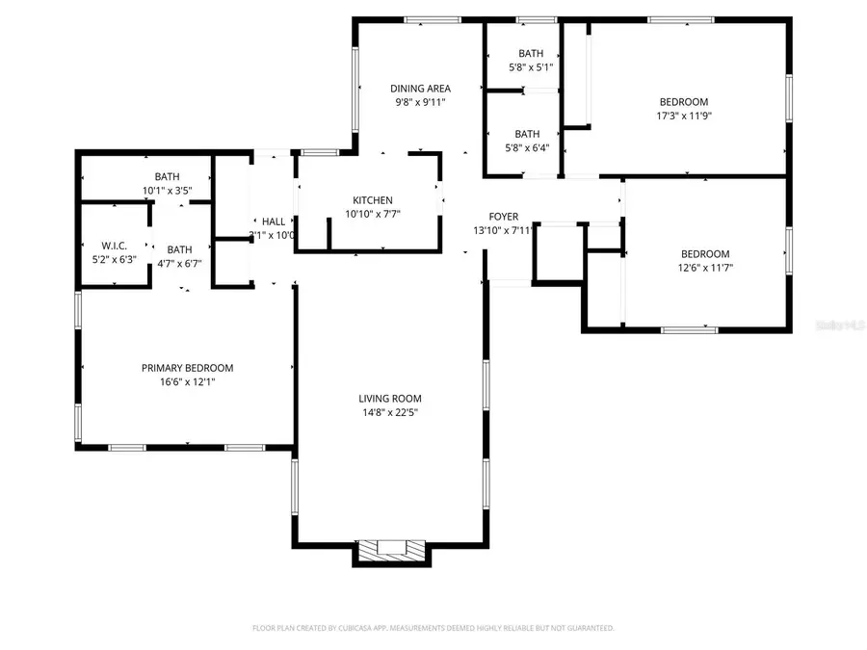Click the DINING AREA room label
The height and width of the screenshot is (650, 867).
[420, 89]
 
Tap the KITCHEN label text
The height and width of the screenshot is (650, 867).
[372, 200]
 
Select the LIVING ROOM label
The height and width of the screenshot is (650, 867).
[390, 399]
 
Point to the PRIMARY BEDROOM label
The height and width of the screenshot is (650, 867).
[187, 368]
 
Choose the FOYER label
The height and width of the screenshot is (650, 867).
[503, 217]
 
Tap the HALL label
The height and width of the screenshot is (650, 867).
[273, 221]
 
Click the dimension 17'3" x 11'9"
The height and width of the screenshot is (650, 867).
[683, 116]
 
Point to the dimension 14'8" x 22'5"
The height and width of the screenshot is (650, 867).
[390, 412]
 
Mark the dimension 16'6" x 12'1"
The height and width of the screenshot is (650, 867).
[187, 381]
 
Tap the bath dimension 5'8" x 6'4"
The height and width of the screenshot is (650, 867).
[527, 147]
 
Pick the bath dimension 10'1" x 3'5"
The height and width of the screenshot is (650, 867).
[167, 190]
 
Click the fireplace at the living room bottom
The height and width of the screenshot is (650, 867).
[390, 550]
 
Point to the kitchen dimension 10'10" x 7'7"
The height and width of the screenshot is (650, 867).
[372, 214]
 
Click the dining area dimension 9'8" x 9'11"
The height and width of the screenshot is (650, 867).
[420, 102]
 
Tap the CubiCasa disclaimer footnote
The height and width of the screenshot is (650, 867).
[433, 628]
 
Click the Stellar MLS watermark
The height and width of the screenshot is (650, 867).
[837, 327]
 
